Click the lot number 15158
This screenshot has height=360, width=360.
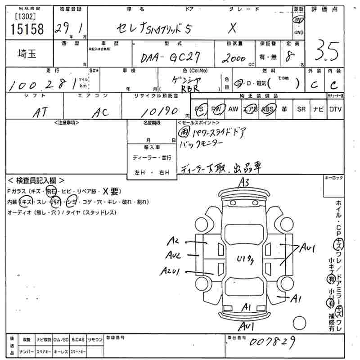pyautogui.click(x=27, y=29)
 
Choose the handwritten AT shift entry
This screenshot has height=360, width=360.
pyautogui.click(x=41, y=113)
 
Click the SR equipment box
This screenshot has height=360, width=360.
pyautogui.click(x=301, y=109)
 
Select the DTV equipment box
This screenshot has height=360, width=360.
pyautogui.click(x=335, y=109)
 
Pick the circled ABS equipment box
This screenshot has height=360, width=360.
pyautogui.click(x=268, y=109)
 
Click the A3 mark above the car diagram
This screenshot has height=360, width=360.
pyautogui.click(x=244, y=182)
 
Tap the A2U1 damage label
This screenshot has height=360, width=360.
pyautogui.click(x=170, y=271)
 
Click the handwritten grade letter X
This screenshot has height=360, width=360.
pyautogui.click(x=232, y=28)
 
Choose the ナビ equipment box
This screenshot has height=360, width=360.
pyautogui.click(x=318, y=109)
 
